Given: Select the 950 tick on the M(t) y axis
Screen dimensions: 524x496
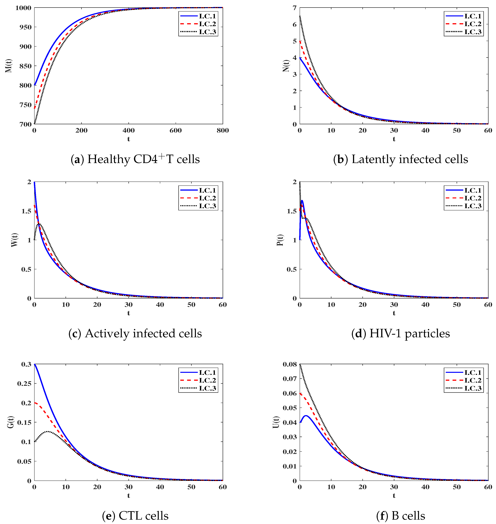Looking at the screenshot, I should (x=25, y=27).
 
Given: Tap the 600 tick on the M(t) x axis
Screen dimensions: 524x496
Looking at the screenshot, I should (x=176, y=130).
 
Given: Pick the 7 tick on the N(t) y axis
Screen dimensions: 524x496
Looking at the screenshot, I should (x=294, y=8).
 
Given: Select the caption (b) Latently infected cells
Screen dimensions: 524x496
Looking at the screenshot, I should (x=400, y=159).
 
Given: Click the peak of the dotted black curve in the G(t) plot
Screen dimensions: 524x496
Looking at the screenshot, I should (x=48, y=431).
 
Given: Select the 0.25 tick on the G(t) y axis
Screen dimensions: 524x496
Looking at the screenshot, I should (x=24, y=384).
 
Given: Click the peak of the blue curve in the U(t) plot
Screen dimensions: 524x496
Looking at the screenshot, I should (x=306, y=415).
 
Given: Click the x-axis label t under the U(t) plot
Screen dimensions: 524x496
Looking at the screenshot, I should (x=394, y=495).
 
